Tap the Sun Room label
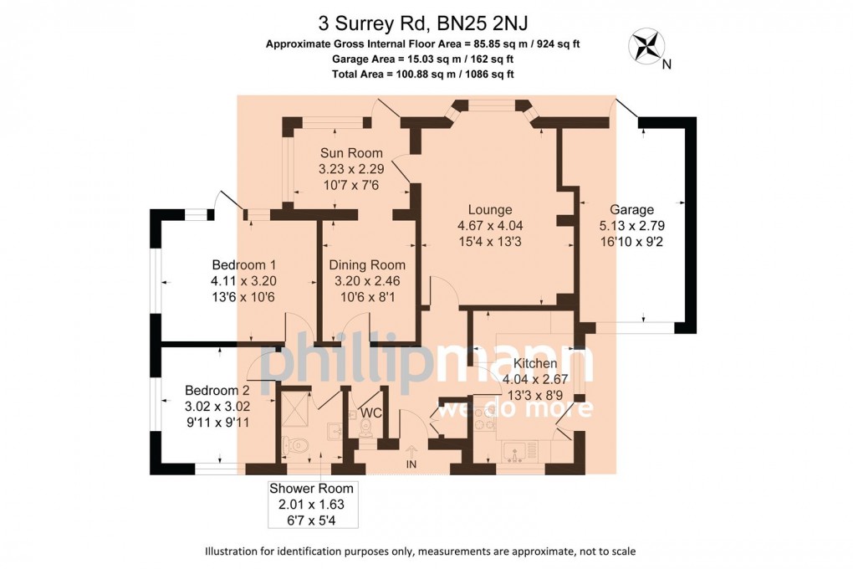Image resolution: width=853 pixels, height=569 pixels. [351, 153]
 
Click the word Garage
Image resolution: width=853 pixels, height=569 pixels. [631, 209]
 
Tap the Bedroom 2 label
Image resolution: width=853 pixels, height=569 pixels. [217, 390]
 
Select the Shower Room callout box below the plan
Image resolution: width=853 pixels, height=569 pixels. [311, 505]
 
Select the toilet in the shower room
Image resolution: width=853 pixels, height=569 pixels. [295, 444]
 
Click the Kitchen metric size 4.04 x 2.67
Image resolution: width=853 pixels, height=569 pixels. [535, 378]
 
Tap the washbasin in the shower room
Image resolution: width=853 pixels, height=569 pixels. [332, 432]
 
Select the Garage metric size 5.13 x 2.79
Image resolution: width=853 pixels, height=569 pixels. [631, 225]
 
